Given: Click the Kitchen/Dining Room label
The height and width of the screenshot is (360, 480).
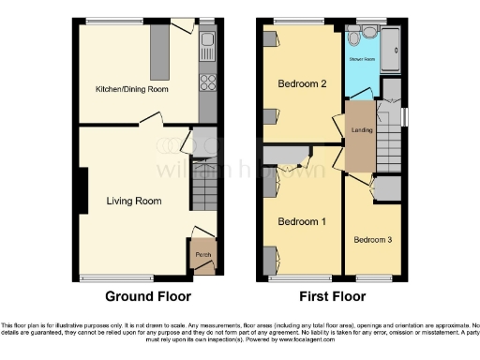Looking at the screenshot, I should tap(131, 89).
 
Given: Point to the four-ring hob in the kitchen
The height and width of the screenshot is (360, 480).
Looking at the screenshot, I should tap(208, 82).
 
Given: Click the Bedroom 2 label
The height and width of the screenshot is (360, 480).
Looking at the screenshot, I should tap(302, 83).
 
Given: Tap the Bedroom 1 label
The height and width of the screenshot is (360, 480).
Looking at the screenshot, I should tap(302, 221).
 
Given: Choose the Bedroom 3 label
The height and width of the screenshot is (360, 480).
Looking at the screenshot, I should tap(373, 240).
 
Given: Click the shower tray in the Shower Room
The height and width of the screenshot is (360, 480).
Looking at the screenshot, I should tap(391, 48).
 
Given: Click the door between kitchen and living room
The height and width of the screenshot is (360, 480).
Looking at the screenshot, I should tap(150, 120).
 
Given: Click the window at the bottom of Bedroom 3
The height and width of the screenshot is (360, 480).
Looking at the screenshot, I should tap(373, 278).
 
